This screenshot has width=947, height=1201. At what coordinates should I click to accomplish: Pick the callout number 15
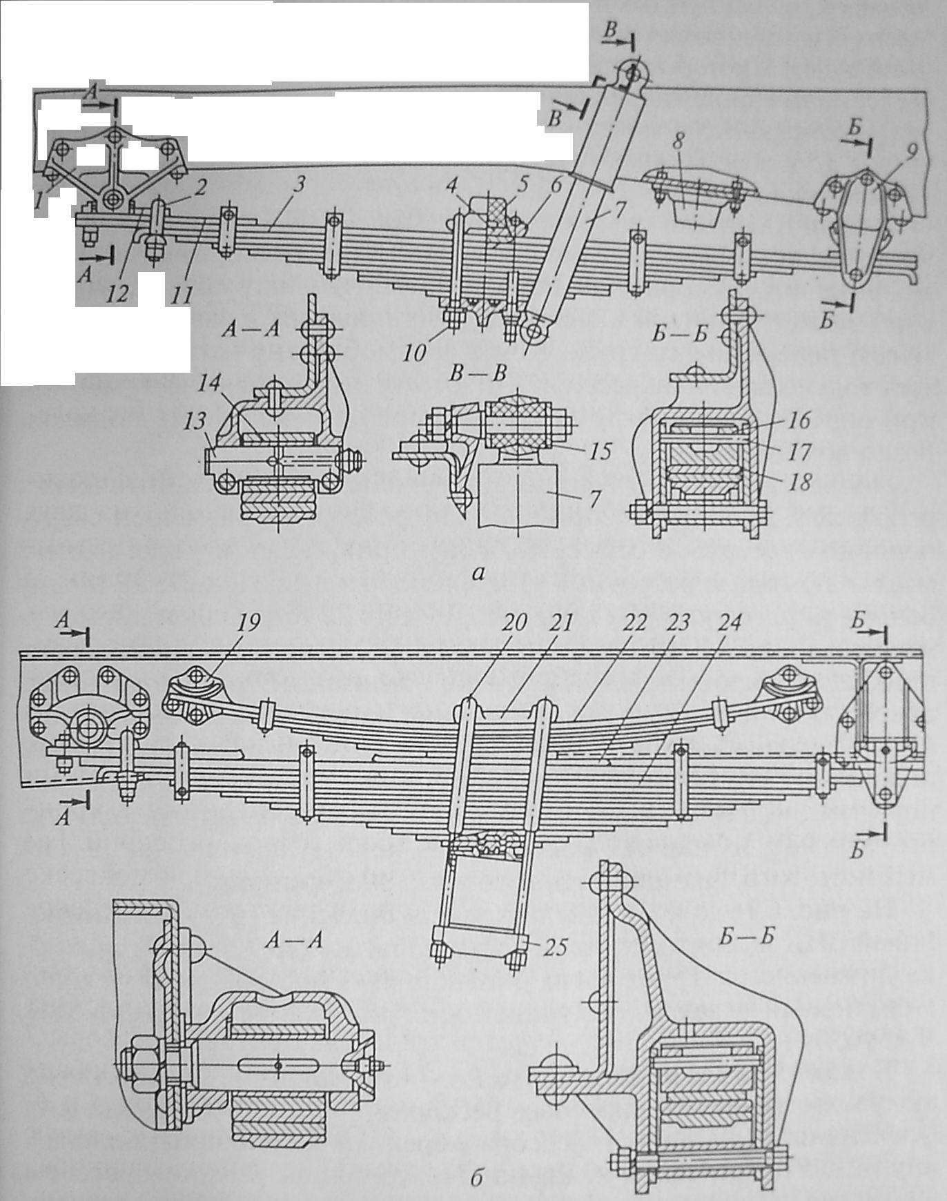click(600, 452)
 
